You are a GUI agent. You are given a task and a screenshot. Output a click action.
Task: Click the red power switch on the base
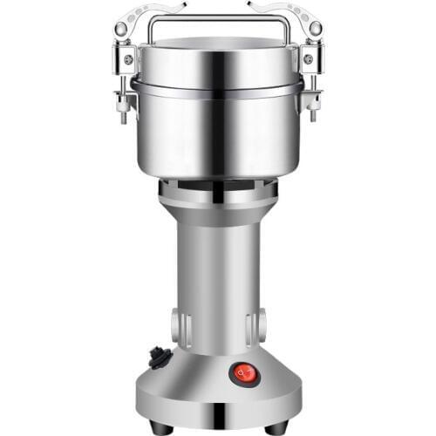tap(243, 374)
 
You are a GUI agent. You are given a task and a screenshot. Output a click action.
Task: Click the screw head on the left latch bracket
tap(128, 58)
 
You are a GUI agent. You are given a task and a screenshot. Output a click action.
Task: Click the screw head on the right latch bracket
tap(308, 58)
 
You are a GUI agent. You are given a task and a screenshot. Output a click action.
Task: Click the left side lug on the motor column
tap(180, 326)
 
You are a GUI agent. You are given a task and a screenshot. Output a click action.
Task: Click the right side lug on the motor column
tap(256, 326)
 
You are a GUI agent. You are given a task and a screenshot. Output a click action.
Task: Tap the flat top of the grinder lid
tap(218, 44)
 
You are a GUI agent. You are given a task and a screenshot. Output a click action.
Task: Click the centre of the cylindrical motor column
tap(218, 279)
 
